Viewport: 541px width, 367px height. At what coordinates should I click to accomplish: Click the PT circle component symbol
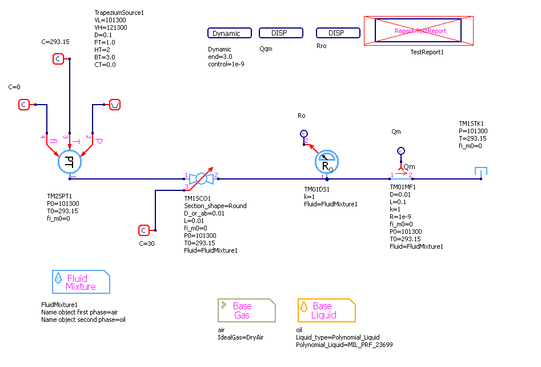(70, 162)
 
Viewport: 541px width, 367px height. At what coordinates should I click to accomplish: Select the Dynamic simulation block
(227, 33)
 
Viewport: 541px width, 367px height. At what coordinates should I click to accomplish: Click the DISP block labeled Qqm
(280, 33)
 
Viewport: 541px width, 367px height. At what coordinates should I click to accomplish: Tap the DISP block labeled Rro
(338, 33)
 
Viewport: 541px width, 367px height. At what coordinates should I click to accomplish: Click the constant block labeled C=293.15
(58, 59)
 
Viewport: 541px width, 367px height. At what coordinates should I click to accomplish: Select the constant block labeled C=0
(23, 105)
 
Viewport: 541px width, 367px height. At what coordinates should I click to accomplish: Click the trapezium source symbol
(115, 105)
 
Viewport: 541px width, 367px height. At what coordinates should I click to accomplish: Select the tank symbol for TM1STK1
(481, 172)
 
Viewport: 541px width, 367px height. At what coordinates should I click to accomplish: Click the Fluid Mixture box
(81, 282)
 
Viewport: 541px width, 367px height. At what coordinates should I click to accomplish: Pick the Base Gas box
(246, 310)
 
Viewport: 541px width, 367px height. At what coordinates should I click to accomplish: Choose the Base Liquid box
(326, 310)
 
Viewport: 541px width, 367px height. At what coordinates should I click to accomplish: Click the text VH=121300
(111, 27)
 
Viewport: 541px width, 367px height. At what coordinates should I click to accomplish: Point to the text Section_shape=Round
(215, 206)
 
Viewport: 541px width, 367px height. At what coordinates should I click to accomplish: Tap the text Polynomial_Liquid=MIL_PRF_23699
(344, 345)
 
